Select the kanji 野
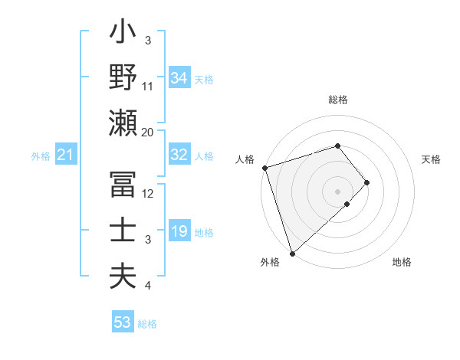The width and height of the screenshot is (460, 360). point(123,78)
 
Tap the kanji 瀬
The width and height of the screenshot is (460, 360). point(123,123)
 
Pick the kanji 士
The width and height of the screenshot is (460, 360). point(123,231)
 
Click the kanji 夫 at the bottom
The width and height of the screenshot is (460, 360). point(123,277)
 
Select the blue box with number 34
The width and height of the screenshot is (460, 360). point(179,78)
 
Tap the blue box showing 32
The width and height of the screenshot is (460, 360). point(179,155)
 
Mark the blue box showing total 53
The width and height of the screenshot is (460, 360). point(123,322)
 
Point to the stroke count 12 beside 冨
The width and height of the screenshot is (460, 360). point(148,194)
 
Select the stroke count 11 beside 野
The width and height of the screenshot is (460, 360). point(148,86)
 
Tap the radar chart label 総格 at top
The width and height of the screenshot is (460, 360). point(337,100)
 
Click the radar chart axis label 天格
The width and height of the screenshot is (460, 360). point(431,159)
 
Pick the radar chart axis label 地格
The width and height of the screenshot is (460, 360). point(402,262)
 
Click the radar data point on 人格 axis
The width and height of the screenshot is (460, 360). point(264,167)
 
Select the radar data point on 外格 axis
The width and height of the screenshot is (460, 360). point(292,252)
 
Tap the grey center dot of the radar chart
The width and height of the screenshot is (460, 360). point(337,190)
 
